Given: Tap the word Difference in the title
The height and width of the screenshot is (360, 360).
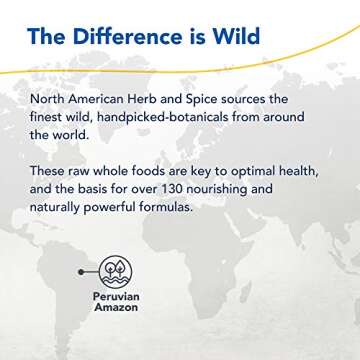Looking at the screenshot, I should click(123, 38).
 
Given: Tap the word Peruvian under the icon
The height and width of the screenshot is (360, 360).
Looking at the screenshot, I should click(108, 299).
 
